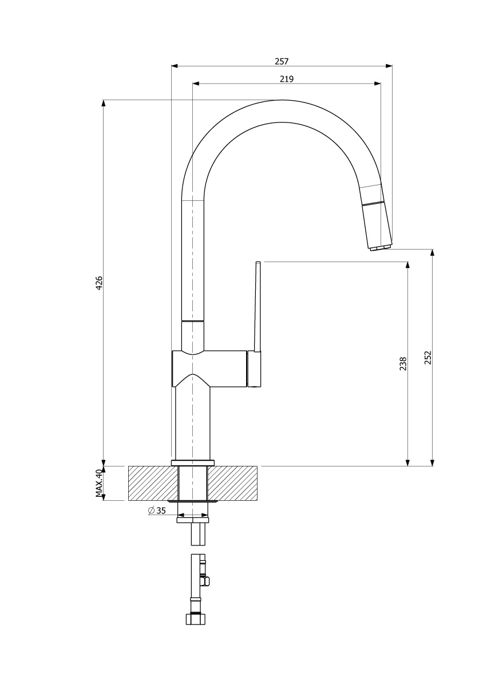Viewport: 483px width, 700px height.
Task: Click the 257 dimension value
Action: [x=282, y=61]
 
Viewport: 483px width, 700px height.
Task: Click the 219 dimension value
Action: [x=286, y=79]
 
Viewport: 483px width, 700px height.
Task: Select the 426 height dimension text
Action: [x=99, y=283]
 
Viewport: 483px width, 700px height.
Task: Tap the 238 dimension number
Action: [x=403, y=363]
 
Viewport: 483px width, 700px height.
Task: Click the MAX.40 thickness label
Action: [x=99, y=483]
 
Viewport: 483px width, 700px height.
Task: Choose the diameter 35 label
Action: [x=156, y=511]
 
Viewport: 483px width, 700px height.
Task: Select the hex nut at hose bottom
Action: [x=195, y=619]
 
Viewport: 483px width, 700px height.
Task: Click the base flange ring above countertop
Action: [x=192, y=462]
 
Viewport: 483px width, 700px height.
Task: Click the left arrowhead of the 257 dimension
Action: [x=175, y=66]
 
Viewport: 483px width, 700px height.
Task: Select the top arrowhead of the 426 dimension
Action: [x=104, y=103]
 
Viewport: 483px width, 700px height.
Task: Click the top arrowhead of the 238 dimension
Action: [x=407, y=265]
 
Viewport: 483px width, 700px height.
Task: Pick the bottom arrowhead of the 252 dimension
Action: [x=433, y=462]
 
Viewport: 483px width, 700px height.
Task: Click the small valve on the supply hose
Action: [x=207, y=581]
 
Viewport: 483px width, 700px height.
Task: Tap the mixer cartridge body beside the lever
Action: [x=254, y=369]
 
